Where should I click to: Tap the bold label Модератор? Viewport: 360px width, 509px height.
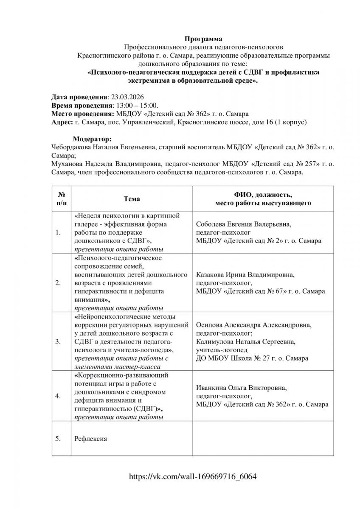pyautogui.click(x=93, y=139)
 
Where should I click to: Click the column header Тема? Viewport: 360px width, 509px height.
pyautogui.click(x=132, y=199)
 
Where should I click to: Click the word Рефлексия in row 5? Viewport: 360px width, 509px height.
pyautogui.click(x=90, y=439)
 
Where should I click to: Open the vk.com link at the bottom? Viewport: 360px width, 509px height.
pyautogui.click(x=193, y=476)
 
